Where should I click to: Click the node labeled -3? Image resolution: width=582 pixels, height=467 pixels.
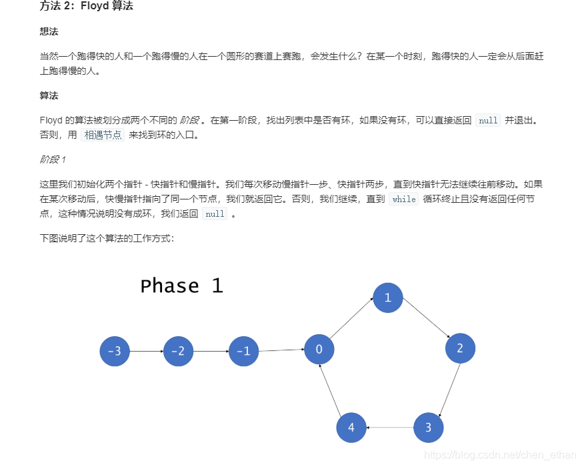coord(115,351)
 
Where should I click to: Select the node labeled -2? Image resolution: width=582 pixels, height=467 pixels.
coord(178,351)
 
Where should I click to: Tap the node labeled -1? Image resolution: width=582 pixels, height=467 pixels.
coord(243,351)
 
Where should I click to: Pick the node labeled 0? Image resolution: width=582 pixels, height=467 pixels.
coord(319,349)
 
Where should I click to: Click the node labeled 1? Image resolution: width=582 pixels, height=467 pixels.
coord(388,298)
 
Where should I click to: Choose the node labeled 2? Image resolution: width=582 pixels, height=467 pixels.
coord(459,348)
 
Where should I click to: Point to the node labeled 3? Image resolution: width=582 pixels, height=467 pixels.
coord(429,428)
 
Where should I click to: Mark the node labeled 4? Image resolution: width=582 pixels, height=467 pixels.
coord(351,428)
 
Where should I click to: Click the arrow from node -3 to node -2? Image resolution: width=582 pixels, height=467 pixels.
coord(146,351)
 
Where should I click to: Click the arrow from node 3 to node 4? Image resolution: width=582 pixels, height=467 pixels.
coord(390,428)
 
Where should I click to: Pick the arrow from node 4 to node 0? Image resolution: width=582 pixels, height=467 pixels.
coord(331,388)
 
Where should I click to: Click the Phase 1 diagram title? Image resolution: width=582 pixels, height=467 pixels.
coord(181,286)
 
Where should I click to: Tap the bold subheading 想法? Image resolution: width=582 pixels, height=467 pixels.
coord(49,31)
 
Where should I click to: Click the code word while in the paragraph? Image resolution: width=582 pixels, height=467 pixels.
coord(404,199)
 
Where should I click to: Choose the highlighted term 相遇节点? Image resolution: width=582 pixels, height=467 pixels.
coord(103,135)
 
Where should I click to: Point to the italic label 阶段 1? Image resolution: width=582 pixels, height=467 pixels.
coord(53,159)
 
